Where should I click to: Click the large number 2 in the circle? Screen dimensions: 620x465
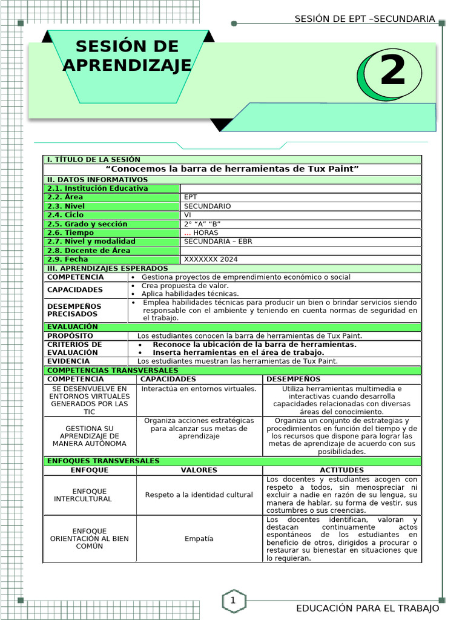392,72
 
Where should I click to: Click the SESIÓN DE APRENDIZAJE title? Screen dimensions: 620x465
127,56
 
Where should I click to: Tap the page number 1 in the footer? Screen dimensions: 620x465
232,601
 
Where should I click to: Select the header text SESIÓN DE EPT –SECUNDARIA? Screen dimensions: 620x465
364,19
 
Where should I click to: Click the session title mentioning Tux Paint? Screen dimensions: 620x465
232,169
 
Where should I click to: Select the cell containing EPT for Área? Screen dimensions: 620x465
191,197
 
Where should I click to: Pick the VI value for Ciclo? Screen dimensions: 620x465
188,215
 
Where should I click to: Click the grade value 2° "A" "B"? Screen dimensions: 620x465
202,224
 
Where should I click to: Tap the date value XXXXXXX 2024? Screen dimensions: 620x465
211,259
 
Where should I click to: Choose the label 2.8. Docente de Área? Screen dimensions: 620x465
89,251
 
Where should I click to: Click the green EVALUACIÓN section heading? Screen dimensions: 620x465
73,327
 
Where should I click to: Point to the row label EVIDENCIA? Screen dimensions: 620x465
68,361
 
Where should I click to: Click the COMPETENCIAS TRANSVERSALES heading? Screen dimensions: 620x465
113,371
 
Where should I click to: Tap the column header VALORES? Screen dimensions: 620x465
199,470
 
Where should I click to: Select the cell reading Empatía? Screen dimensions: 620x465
199,539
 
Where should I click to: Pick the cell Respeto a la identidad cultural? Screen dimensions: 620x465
199,495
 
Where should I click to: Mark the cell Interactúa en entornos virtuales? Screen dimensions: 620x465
199,389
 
